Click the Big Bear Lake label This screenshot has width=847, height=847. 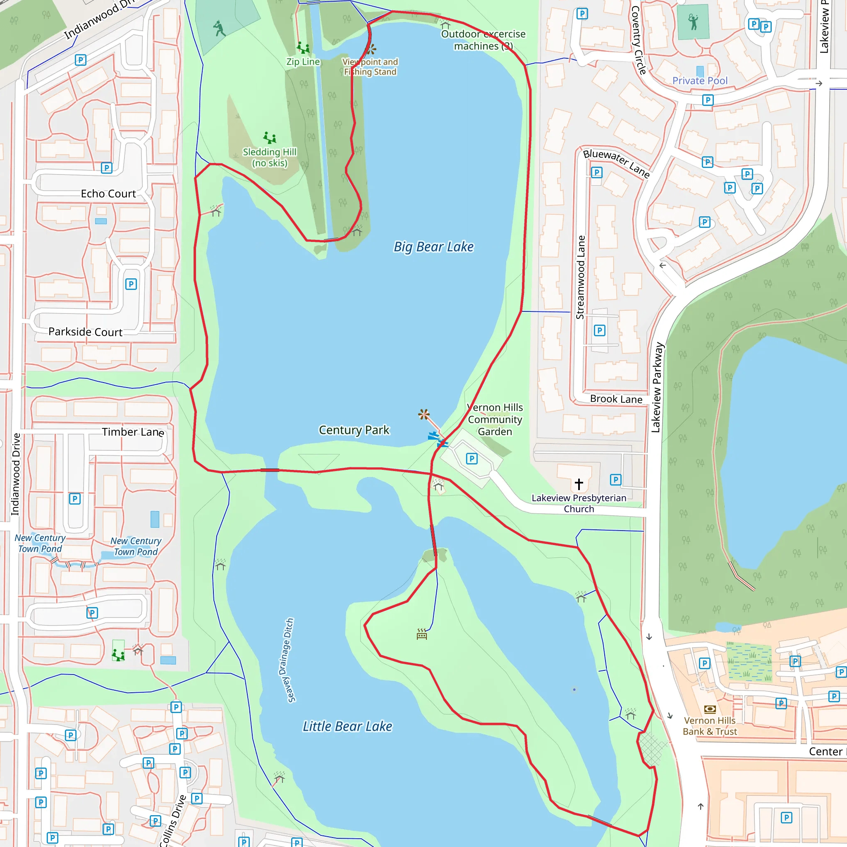tap(433, 247)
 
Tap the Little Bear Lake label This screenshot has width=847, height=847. tap(347, 726)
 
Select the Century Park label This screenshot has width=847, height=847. tap(354, 430)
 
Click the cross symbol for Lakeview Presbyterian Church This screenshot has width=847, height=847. tap(579, 484)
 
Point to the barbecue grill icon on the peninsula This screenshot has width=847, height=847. tap(422, 634)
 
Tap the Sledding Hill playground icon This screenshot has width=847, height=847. tap(270, 138)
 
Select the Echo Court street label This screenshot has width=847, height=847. tap(108, 194)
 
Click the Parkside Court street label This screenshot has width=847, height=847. tap(86, 332)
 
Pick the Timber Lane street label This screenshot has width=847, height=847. tap(133, 432)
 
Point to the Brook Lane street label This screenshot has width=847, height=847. tap(616, 399)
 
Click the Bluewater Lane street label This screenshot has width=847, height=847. tap(616, 163)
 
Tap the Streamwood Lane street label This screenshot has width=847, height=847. tap(580, 277)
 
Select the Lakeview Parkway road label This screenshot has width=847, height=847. tap(657, 388)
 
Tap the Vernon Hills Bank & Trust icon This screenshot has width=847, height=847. tap(710, 709)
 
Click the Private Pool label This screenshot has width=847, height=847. tap(700, 81)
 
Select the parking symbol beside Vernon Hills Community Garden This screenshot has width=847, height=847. tap(472, 459)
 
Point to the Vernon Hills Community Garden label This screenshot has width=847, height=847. tap(495, 419)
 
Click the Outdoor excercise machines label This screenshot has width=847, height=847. tap(483, 40)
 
